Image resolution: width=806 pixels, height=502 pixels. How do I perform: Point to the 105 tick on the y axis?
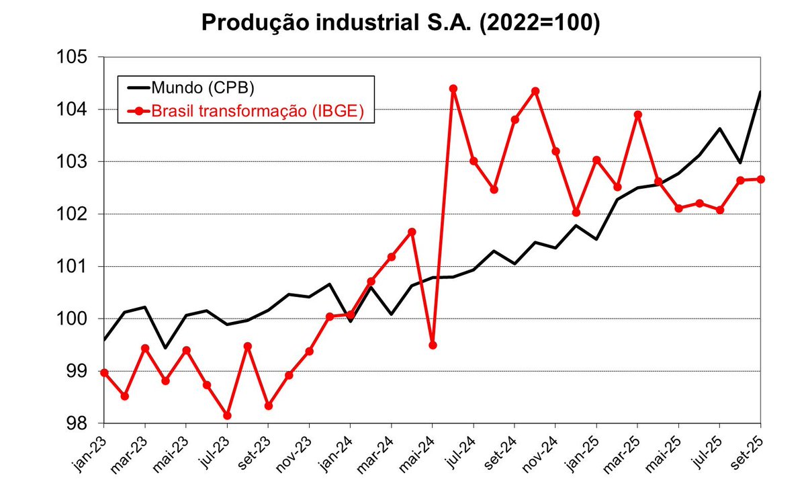click(72, 57)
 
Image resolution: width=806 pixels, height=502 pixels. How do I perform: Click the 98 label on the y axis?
click(77, 423)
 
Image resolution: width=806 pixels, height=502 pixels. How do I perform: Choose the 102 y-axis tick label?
click(72, 214)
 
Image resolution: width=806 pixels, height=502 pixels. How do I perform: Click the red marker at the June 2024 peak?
click(453, 89)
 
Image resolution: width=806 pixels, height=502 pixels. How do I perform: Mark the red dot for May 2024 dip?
click(433, 345)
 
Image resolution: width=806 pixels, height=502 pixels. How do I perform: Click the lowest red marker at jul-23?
click(228, 415)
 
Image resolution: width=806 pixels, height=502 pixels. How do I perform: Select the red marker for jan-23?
click(104, 373)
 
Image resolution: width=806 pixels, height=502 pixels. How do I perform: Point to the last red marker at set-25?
click(760, 179)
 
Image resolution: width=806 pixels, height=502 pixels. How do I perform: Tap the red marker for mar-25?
click(638, 115)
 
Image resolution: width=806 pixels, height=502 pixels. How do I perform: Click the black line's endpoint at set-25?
click(760, 91)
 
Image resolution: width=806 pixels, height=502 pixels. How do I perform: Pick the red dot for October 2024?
click(535, 91)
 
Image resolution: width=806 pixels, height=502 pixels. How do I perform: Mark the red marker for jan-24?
click(351, 315)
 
